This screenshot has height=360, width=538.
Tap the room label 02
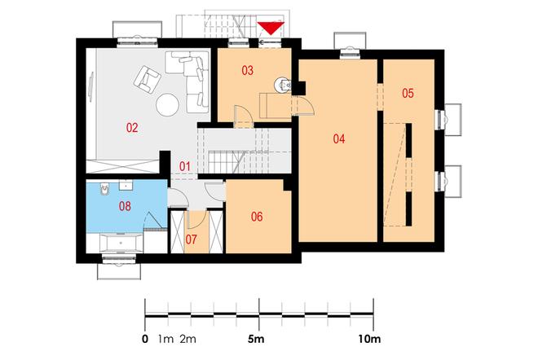coord(132,128)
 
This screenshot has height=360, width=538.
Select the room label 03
coord(247,70)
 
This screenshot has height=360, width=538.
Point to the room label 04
coord(338,138)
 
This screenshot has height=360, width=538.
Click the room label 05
coord(408,93)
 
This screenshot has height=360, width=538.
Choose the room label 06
coord(257,217)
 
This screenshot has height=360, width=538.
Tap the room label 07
coord(191,239)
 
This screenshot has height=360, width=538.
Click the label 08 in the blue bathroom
coord(125,206)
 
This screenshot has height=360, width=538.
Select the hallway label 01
coord(185,166)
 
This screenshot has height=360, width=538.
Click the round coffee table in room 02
coord(167,105)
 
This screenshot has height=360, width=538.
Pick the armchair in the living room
coord(148,79)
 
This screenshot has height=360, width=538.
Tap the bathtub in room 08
coord(121,243)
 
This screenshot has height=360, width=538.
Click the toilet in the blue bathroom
coord(104,189)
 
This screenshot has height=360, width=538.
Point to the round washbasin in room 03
coord(283,84)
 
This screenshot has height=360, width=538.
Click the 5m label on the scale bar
coord(256,340)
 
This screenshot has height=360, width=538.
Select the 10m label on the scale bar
coord(369,340)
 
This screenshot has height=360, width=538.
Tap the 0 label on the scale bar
coord(145,340)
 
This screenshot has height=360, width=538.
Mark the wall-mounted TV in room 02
coord(91,87)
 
